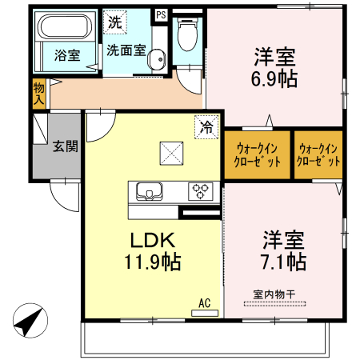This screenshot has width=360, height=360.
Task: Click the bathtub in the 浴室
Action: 67,26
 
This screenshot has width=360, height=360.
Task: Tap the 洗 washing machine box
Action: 115,22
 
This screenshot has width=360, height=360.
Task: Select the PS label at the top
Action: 161,14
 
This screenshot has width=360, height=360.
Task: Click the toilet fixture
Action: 186,34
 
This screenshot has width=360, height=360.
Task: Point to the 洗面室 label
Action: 126,50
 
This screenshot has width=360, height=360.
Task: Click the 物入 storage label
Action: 39,94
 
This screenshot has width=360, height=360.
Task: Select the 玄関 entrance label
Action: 65,146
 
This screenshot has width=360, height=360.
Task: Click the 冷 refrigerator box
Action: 206,126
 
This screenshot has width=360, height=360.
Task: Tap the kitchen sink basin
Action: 150,191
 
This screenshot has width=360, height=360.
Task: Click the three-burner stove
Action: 201,191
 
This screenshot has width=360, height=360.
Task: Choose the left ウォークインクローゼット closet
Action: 258,154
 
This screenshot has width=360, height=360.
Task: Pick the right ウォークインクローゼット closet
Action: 318,154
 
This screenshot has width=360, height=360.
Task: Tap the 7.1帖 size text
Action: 284,261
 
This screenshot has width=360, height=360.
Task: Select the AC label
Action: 205,303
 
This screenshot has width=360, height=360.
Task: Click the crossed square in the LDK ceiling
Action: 170,151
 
